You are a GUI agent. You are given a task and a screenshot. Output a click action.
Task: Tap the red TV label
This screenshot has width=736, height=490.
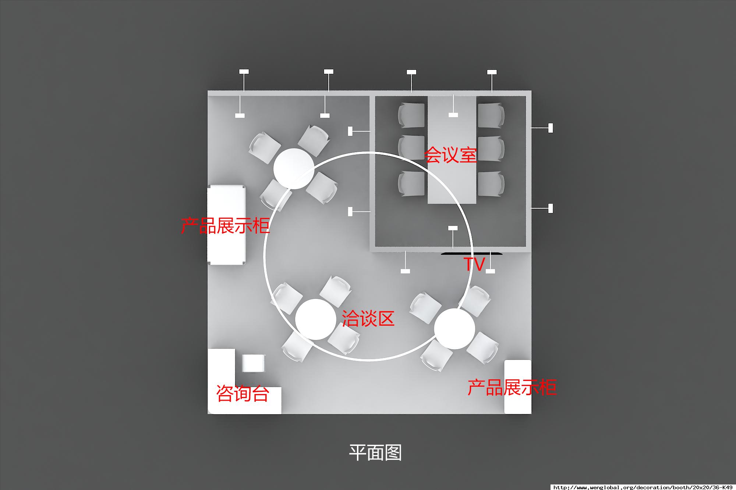[x=474, y=264]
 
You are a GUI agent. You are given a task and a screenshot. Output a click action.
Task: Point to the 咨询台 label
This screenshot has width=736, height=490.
[x=243, y=394]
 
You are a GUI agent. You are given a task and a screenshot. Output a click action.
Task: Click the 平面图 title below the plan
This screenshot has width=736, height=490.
[x=375, y=453]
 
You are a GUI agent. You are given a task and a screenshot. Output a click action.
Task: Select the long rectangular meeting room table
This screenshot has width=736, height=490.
[x=452, y=150]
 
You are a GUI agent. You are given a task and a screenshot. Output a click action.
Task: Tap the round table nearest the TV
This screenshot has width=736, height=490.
[x=454, y=329]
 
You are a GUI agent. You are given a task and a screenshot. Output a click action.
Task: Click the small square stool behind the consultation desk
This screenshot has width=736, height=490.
[x=253, y=363]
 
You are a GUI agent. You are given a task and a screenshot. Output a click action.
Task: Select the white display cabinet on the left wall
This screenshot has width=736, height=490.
[x=226, y=225]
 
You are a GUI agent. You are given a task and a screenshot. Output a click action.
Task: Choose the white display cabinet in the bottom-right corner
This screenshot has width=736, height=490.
[x=518, y=387]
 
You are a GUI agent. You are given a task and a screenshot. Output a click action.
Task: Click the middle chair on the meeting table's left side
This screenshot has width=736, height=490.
[x=411, y=147]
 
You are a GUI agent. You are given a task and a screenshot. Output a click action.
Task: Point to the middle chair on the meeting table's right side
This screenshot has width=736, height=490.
[x=491, y=148]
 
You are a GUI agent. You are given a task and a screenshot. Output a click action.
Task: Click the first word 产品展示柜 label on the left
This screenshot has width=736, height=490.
[x=225, y=225]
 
